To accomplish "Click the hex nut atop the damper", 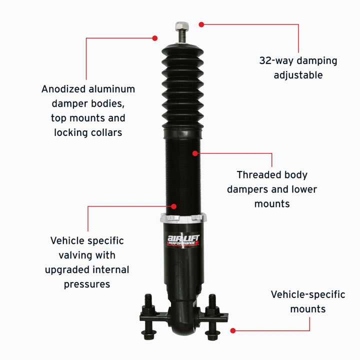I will point(181,26).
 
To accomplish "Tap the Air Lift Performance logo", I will point(182,238).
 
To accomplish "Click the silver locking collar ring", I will point(183,218).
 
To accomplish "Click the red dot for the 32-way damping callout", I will point(201,24).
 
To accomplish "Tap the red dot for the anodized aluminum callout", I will point(155,38).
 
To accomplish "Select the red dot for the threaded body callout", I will point(195,153).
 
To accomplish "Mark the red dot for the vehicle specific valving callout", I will point(174,205).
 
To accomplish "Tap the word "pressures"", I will point(87,284).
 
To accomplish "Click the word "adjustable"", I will point(298,75).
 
